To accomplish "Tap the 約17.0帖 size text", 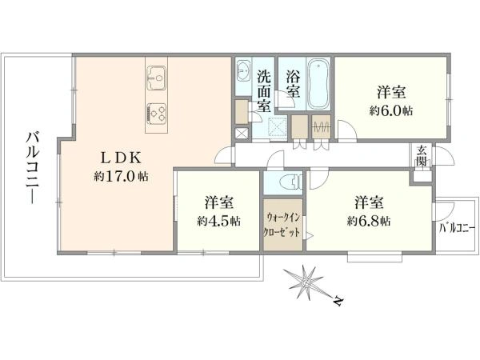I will tap(121, 175).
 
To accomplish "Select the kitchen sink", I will tap(155, 79).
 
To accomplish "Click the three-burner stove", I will tap(155, 113).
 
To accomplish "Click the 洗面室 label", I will tap(264, 93).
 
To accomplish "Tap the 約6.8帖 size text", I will tap(369, 220).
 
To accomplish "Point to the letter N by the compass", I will tap(340, 302).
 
